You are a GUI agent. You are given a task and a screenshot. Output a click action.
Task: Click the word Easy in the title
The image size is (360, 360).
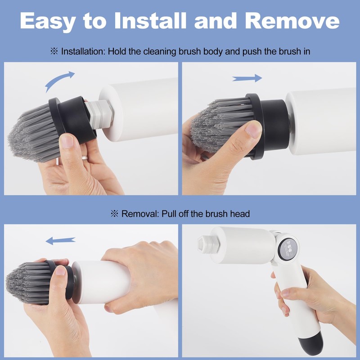(54, 21)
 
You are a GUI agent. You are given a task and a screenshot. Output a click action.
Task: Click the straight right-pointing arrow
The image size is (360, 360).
(247, 78)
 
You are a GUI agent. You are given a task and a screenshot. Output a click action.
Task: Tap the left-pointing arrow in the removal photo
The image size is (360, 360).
(60, 242)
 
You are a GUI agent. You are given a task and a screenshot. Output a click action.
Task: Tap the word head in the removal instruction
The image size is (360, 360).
(240, 214)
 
